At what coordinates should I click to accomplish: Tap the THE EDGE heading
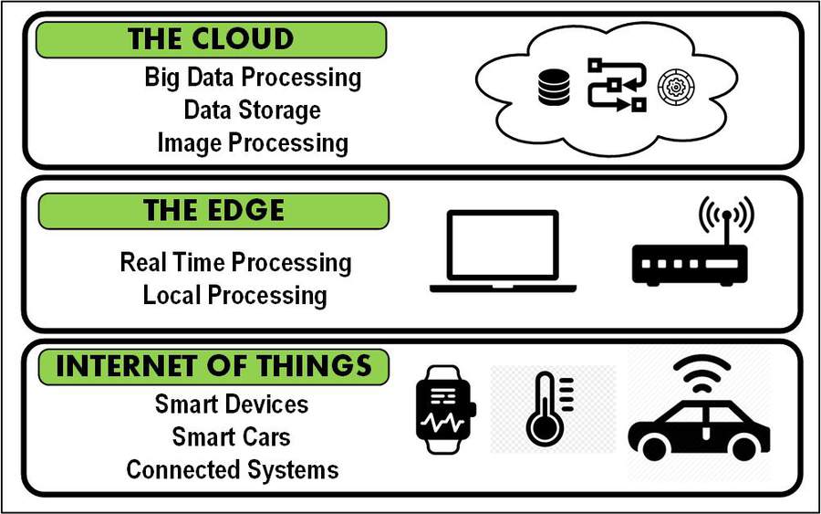click(213, 211)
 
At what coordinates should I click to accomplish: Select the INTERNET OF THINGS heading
click(213, 366)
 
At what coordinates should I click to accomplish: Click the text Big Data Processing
click(253, 78)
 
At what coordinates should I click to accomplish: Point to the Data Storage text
click(252, 110)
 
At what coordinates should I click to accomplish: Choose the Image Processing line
click(252, 143)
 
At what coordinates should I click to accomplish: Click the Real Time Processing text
click(235, 263)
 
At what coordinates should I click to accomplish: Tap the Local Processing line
click(234, 296)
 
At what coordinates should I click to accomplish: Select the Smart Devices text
click(232, 404)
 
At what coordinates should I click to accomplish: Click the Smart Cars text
click(232, 437)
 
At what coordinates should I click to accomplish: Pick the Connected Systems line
click(232, 470)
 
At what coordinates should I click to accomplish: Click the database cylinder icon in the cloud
click(555, 88)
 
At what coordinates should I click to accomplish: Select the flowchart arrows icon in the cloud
click(616, 86)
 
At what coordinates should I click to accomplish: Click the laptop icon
click(504, 252)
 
